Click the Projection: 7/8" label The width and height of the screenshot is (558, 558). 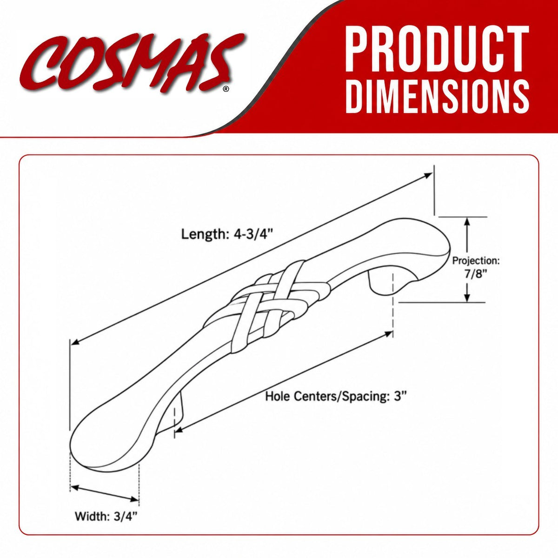click(476, 266)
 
